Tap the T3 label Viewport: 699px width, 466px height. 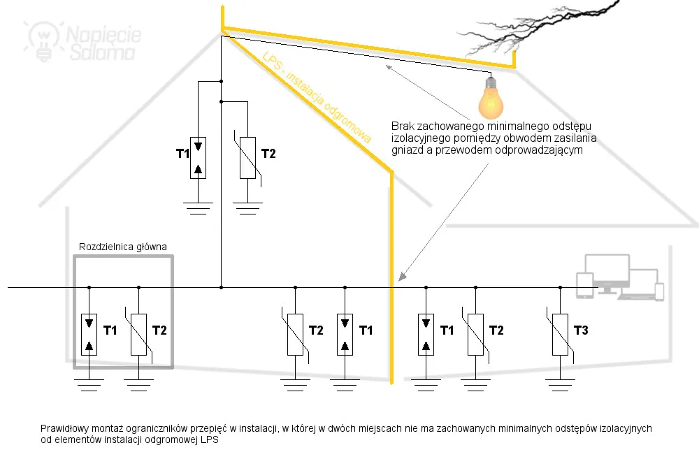[x=581, y=330]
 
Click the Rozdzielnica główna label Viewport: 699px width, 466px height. [x=122, y=247]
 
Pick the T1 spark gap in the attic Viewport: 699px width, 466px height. [x=199, y=157]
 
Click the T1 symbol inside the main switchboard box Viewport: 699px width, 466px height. [x=89, y=335]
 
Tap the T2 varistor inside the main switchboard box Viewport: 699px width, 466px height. [x=138, y=335]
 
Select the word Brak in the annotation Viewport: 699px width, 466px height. [x=403, y=126]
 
